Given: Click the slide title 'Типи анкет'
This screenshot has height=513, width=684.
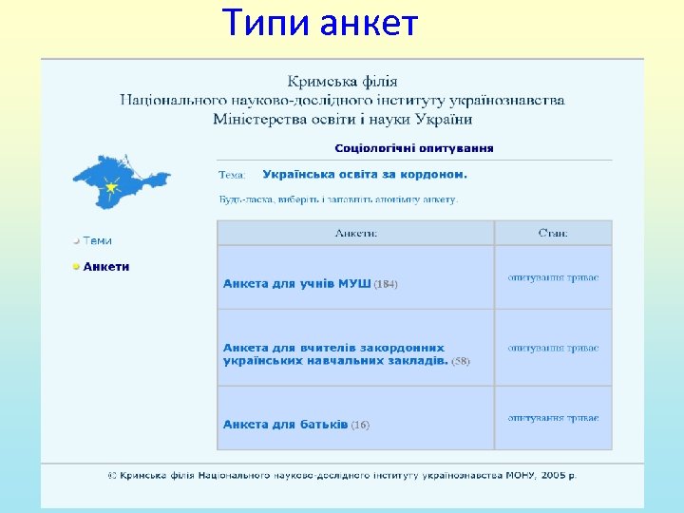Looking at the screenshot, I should pyautogui.click(x=320, y=23).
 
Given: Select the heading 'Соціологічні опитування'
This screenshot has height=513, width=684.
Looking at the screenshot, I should pyautogui.click(x=413, y=148).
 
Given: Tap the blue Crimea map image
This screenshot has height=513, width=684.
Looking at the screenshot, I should pyautogui.click(x=122, y=179).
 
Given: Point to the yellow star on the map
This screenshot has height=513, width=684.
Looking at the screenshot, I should pyautogui.click(x=112, y=187).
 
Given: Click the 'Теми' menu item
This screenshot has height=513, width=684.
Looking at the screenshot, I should pyautogui.click(x=97, y=240).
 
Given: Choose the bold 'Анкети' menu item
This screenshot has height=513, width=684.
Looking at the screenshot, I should pyautogui.click(x=106, y=267).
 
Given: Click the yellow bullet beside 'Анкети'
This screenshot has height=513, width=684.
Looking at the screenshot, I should pyautogui.click(x=77, y=267).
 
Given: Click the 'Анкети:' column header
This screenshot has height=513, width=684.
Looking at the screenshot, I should pyautogui.click(x=355, y=233).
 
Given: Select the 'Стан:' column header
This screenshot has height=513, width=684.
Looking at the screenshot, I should pyautogui.click(x=553, y=233).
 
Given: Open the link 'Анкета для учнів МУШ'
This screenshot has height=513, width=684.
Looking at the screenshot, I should pyautogui.click(x=296, y=284).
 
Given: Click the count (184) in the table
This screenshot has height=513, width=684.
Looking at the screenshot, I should pyautogui.click(x=386, y=284).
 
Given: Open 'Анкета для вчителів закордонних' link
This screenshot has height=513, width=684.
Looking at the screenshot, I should pyautogui.click(x=333, y=348).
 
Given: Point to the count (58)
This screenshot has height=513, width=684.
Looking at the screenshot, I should pyautogui.click(x=460, y=361).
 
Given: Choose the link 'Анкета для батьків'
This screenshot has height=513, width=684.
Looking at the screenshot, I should pyautogui.click(x=285, y=425).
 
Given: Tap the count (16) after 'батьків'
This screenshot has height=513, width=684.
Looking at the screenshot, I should pyautogui.click(x=360, y=425).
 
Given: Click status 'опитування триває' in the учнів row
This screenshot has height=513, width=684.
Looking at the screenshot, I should pyautogui.click(x=553, y=277).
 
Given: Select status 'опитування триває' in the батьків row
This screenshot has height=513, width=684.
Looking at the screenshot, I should pyautogui.click(x=553, y=418).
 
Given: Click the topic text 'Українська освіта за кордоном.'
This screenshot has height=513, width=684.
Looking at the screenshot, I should pyautogui.click(x=364, y=175).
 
